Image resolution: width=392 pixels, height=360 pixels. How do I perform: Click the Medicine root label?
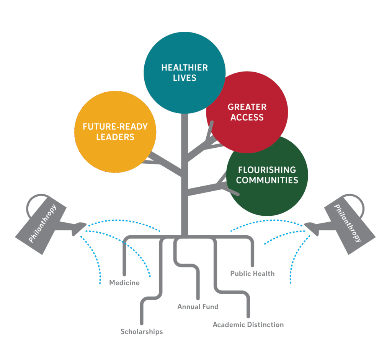[124, 283]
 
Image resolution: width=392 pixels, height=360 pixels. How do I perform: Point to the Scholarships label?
[142, 331]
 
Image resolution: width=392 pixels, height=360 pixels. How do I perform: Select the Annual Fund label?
[198, 306]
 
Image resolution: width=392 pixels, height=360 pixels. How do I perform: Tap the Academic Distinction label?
[248, 324]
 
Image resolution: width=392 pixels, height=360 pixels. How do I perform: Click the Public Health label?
[252, 273]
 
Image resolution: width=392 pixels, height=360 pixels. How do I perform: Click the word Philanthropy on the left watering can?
[42, 223]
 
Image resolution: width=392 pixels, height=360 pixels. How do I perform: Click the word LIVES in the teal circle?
[184, 78]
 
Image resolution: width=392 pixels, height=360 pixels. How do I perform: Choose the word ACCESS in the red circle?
[247, 117]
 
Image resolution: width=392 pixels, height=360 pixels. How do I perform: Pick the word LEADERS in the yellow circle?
[115, 137]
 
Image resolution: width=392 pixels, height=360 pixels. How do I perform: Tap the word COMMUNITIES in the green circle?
[267, 180]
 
